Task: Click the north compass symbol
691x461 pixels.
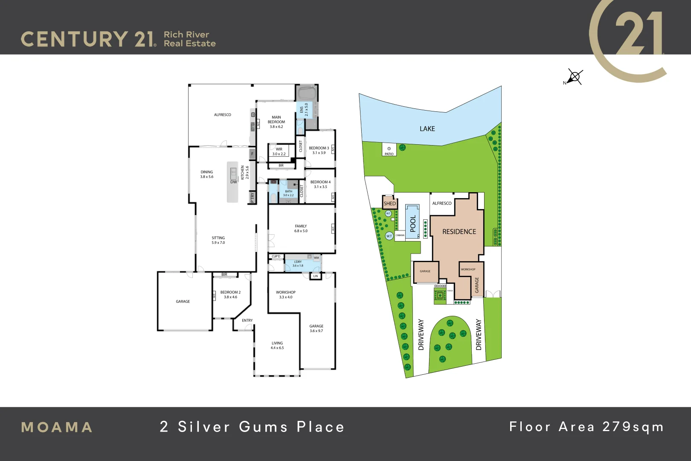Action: [x=574, y=77]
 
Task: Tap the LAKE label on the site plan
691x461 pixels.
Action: [x=427, y=128]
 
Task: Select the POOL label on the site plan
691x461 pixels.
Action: [x=412, y=223]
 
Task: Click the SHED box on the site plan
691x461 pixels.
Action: [x=389, y=203]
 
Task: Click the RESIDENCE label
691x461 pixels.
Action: [x=459, y=231]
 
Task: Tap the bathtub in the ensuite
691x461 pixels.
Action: [x=306, y=93]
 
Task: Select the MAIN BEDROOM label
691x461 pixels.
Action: [x=276, y=122]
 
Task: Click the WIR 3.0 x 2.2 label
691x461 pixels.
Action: [x=279, y=152]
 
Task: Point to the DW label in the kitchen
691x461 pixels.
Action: [x=234, y=182]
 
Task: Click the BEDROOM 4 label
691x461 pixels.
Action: [x=320, y=184]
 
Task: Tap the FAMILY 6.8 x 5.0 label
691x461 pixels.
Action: [x=301, y=228]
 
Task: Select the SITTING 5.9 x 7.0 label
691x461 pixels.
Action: [x=218, y=240]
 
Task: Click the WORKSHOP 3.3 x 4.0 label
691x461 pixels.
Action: [x=286, y=295]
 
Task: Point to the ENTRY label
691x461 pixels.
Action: [x=247, y=320]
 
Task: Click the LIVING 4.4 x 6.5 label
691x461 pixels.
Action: [x=277, y=345]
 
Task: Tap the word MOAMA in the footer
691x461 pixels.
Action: [x=57, y=427]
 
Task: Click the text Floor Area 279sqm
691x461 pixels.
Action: [x=586, y=426]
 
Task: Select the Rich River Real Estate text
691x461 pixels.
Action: [x=189, y=39]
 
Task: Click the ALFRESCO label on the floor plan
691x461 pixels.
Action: [x=223, y=114]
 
